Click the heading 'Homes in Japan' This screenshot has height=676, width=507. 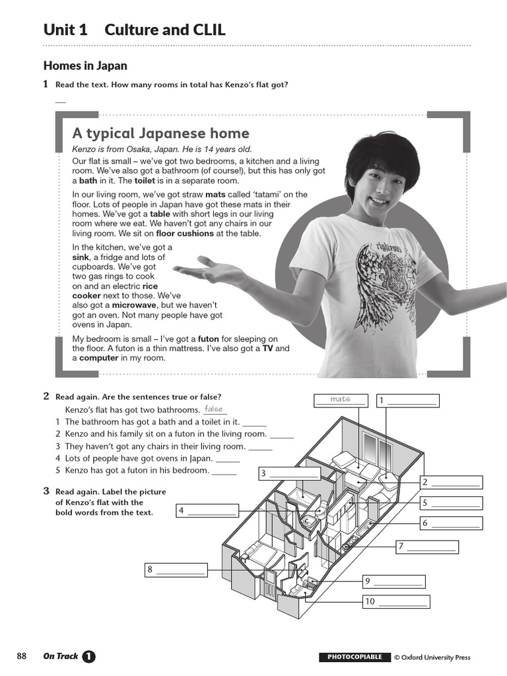pyautogui.click(x=85, y=65)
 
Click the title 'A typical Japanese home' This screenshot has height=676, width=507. pyautogui.click(x=160, y=133)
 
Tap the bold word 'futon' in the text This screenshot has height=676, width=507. pyautogui.click(x=208, y=339)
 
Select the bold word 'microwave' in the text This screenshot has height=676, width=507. pyautogui.click(x=133, y=306)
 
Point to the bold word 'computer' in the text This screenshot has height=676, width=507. pyautogui.click(x=98, y=358)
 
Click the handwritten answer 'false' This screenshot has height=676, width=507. pyautogui.click(x=215, y=409)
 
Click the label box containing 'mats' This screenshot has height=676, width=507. pyautogui.click(x=341, y=399)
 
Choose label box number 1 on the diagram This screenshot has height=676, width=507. pyautogui.click(x=407, y=400)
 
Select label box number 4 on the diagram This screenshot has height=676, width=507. pyautogui.click(x=207, y=510)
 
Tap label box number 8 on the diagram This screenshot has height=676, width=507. pyautogui.click(x=176, y=569)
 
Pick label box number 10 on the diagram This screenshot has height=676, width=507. pyautogui.click(x=396, y=601)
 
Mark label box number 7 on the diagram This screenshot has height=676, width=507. pyautogui.click(x=427, y=546)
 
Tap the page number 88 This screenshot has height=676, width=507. pyautogui.click(x=22, y=656)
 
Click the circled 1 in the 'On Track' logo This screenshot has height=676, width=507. pyautogui.click(x=88, y=656)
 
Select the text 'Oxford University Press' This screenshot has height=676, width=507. pyautogui.click(x=436, y=657)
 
